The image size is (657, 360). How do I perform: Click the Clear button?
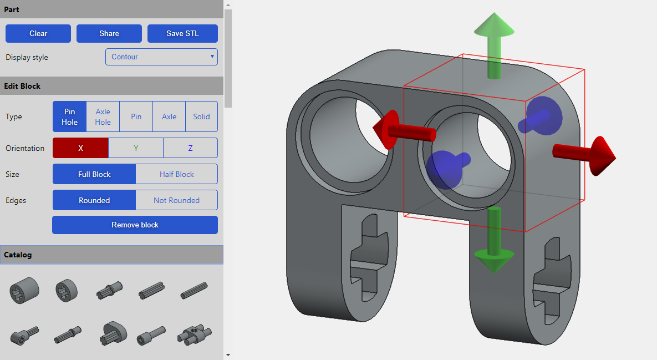[x=38, y=33]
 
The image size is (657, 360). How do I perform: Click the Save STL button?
[x=182, y=33]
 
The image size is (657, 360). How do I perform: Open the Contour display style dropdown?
[x=161, y=57]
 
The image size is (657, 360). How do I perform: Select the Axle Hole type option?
[x=103, y=116]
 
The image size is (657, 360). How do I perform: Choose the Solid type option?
[x=201, y=116]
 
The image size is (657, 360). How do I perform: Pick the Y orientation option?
[x=136, y=148]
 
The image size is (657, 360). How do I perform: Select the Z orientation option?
[x=190, y=148]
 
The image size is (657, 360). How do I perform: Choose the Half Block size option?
[x=176, y=174]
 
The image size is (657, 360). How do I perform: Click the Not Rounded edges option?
[x=176, y=200]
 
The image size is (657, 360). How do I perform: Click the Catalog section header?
[x=111, y=255]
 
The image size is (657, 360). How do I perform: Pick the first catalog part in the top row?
[x=24, y=290]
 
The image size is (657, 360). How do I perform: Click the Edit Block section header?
[x=111, y=86]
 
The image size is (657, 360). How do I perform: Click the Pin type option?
[x=136, y=116]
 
